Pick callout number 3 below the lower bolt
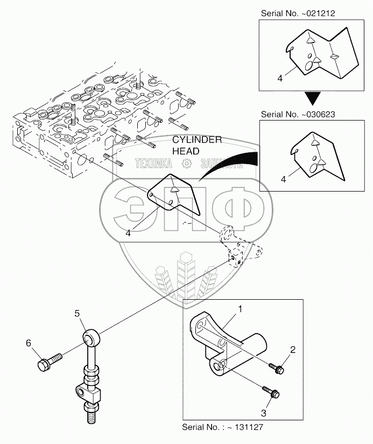point(264,413)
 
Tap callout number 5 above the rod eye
point(77,313)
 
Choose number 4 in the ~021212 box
point(280,78)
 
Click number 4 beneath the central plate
point(128,233)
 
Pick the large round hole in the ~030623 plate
point(314,170)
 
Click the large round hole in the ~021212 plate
point(308,66)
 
